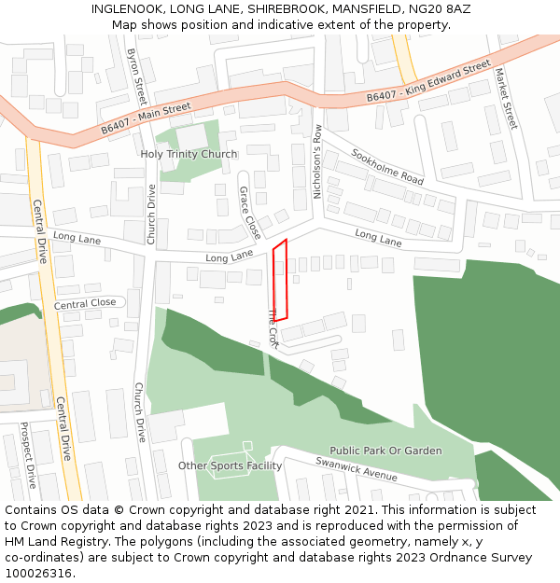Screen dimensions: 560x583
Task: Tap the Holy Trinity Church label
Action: tap(189, 154)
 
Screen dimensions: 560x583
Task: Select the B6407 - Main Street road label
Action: tap(146, 120)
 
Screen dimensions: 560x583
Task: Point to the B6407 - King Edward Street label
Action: tap(428, 82)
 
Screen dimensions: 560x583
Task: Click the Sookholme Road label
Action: tap(387, 165)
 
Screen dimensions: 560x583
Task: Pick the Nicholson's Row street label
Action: tap(317, 161)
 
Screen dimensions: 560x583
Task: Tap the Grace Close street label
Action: tap(250, 212)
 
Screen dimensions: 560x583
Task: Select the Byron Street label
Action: tap(137, 76)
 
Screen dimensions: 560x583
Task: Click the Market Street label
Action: tap(505, 98)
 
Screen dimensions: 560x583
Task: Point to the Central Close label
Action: tap(85, 303)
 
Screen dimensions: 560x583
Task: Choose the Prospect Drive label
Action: tap(28, 455)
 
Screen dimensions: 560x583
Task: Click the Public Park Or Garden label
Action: tap(385, 451)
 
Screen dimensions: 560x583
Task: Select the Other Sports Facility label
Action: tap(230, 465)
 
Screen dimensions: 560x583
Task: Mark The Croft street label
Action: tap(273, 328)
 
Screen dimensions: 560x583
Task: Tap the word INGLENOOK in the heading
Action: tap(125, 8)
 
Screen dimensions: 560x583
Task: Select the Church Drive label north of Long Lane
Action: tap(151, 215)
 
